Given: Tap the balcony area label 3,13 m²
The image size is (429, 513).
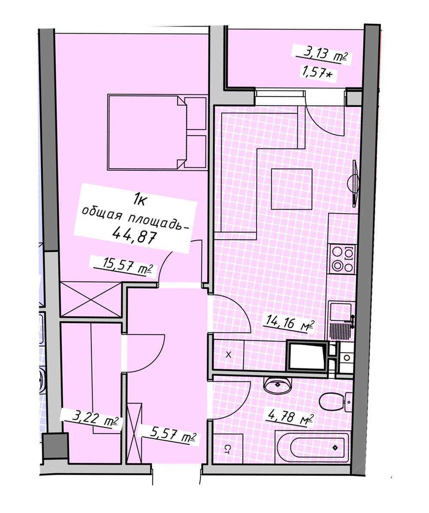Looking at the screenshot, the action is click(x=321, y=54).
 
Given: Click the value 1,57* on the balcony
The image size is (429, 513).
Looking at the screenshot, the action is click(x=316, y=71).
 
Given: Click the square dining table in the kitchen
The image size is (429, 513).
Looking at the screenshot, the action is click(x=292, y=189).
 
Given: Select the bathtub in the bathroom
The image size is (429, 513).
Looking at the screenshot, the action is click(x=312, y=447).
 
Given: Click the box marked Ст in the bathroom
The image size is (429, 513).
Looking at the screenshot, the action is click(x=227, y=449).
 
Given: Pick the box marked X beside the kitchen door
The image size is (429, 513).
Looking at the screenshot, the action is click(x=228, y=355).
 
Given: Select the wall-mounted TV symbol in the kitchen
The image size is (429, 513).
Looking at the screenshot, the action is click(x=354, y=183).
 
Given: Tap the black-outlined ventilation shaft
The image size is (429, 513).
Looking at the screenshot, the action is click(x=307, y=355).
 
